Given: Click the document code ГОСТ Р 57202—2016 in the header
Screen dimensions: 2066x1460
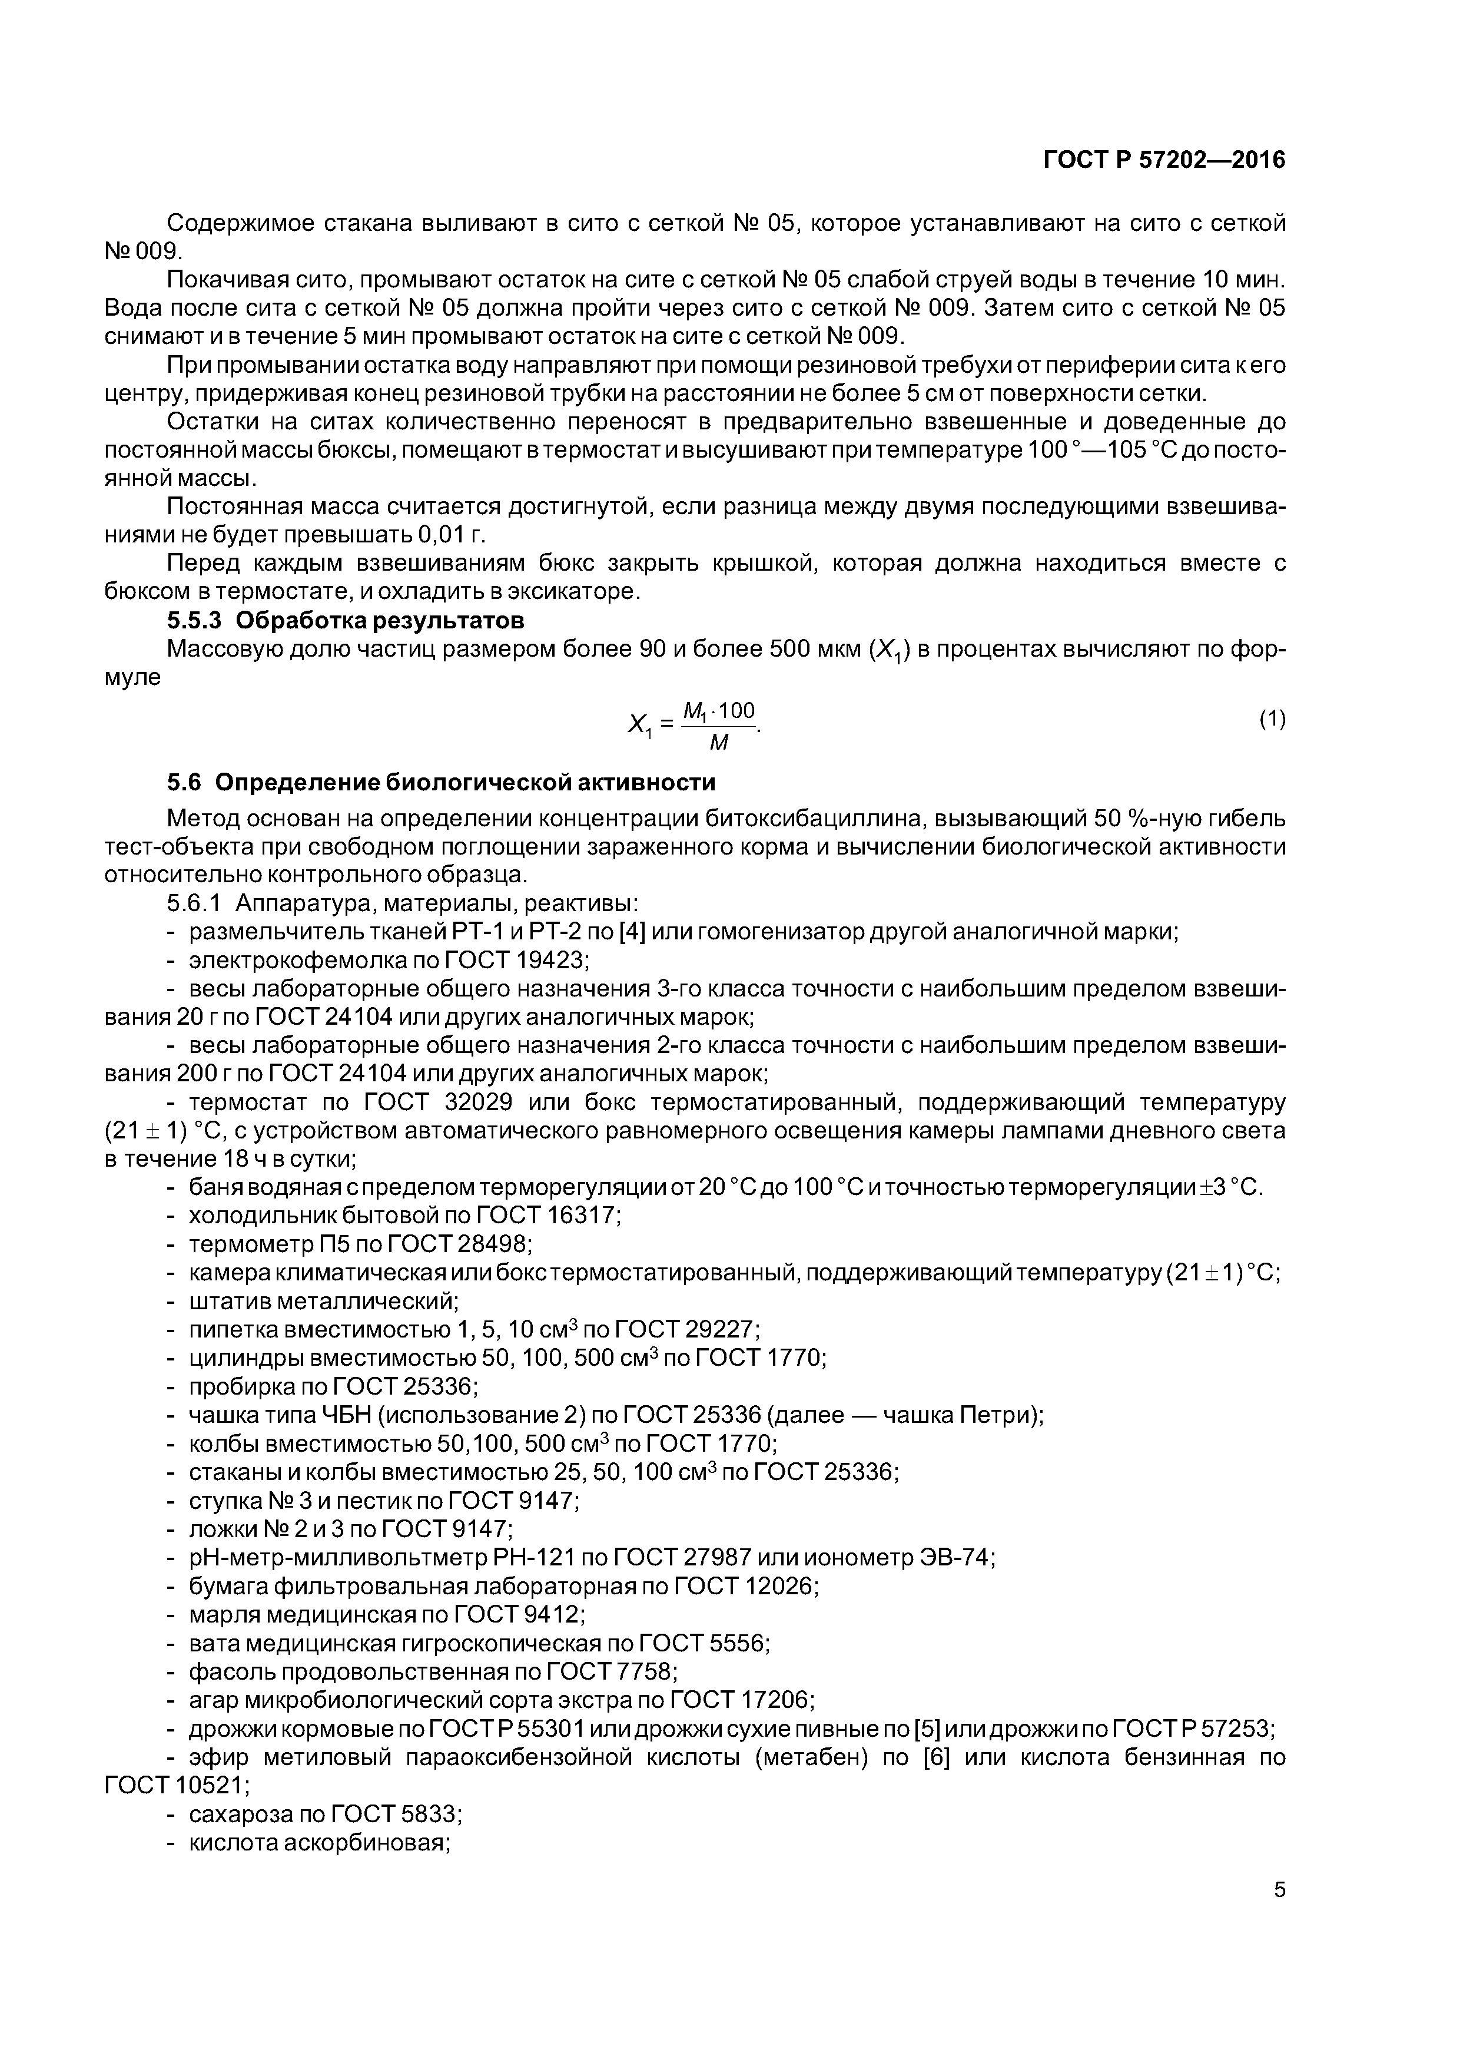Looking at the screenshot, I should pos(1163,160).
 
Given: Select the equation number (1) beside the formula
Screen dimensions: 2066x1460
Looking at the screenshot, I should pos(1272,719).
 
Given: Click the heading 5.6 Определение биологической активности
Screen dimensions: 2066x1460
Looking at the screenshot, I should pos(441,782).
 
